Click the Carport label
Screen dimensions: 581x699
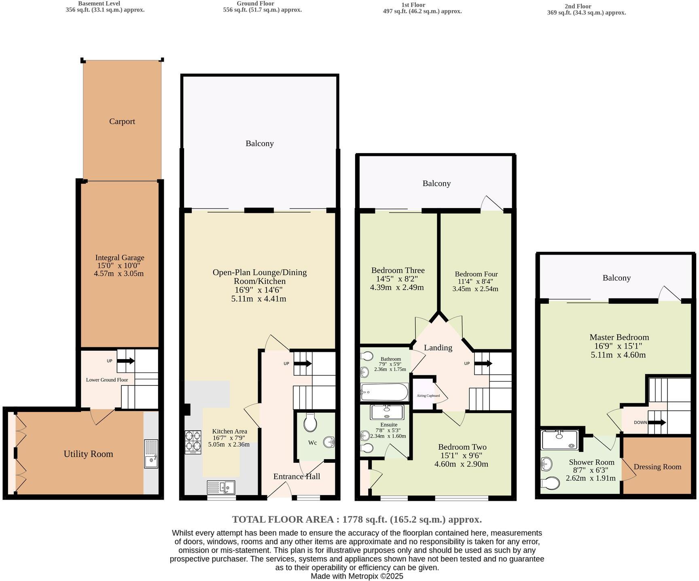tap(122, 121)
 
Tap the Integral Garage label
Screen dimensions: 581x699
tap(119, 258)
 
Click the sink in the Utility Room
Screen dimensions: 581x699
tap(151, 454)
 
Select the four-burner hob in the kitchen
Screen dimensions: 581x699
tap(193, 441)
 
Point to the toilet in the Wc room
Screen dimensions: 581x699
tap(310, 423)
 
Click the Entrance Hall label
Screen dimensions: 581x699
tap(297, 477)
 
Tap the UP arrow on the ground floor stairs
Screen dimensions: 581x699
tap(302, 364)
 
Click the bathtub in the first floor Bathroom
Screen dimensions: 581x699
tap(384, 392)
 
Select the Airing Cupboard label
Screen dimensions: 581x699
tap(428, 396)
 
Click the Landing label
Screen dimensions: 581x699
tap(438, 348)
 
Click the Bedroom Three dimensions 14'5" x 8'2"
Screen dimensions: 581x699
tap(397, 279)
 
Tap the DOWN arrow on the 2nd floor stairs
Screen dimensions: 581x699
tap(657, 422)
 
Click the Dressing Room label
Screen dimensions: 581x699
tap(657, 467)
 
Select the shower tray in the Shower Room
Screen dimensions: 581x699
tap(560, 440)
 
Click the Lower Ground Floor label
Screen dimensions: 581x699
tap(107, 380)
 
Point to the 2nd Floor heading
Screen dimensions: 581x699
tap(578, 6)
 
